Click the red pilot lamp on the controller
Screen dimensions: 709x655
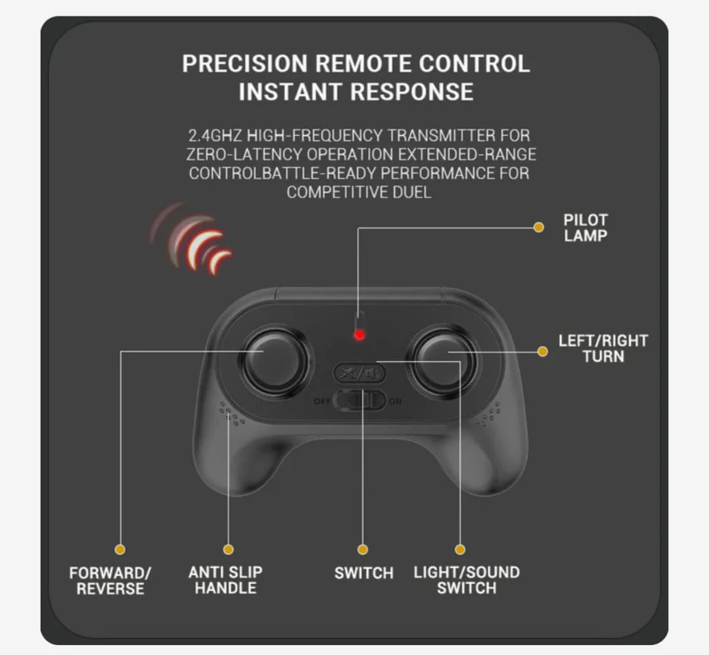pyautogui.click(x=359, y=334)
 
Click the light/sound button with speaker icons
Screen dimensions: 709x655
pyautogui.click(x=359, y=373)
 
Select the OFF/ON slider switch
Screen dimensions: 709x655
pyautogui.click(x=359, y=401)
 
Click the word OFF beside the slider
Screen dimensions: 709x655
pyautogui.click(x=323, y=401)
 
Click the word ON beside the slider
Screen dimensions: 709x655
pyautogui.click(x=395, y=401)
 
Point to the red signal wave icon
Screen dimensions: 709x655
pyautogui.click(x=192, y=238)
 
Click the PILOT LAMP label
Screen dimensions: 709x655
pyautogui.click(x=585, y=228)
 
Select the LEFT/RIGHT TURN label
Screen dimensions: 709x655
pyautogui.click(x=603, y=348)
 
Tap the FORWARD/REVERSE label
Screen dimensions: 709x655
pyautogui.click(x=110, y=581)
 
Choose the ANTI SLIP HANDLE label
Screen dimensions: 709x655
pyautogui.click(x=225, y=580)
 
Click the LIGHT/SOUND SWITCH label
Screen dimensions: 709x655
pyautogui.click(x=467, y=580)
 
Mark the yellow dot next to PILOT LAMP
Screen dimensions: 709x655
pyautogui.click(x=539, y=227)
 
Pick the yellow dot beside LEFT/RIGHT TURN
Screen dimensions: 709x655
pyautogui.click(x=543, y=351)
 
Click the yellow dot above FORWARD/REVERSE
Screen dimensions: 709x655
pyautogui.click(x=120, y=549)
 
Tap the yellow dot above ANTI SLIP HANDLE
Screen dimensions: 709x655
pyautogui.click(x=229, y=549)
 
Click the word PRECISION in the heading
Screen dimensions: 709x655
pyautogui.click(x=244, y=63)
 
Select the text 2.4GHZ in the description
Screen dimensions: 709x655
pyautogui.click(x=215, y=135)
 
